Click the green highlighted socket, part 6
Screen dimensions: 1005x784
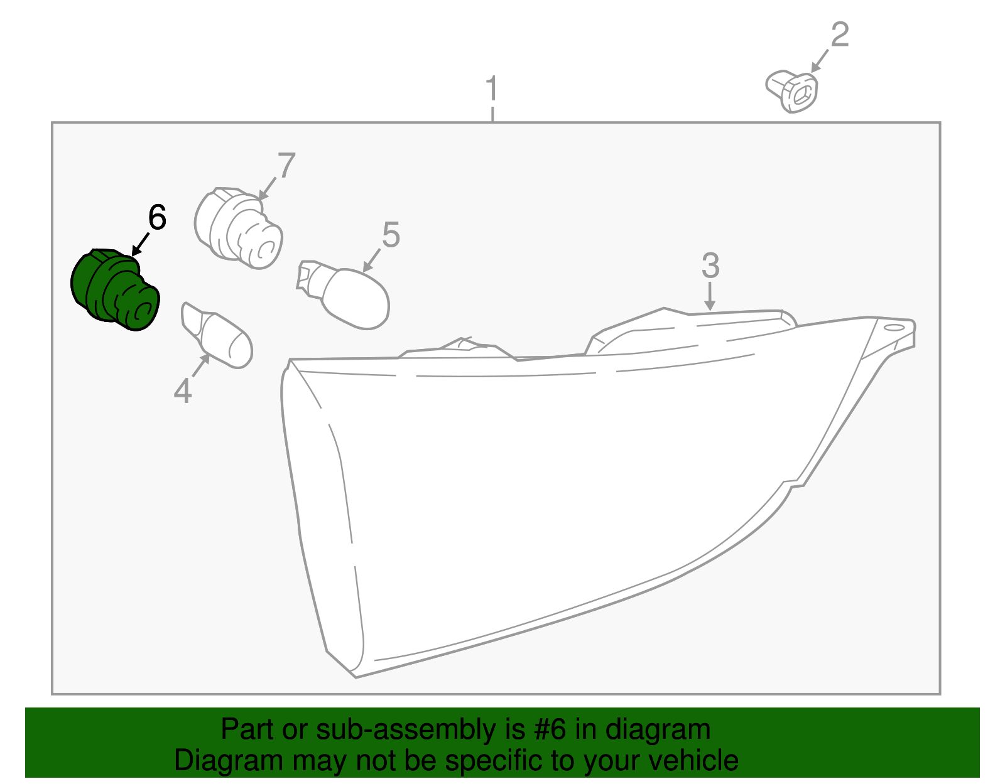pyautogui.click(x=115, y=290)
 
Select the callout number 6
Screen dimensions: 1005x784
pyautogui.click(x=157, y=217)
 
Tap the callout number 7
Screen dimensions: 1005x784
pyautogui.click(x=286, y=165)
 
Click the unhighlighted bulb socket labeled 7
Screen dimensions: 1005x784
pyautogui.click(x=238, y=228)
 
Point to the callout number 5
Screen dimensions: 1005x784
pyautogui.click(x=391, y=235)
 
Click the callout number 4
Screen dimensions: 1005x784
pyautogui.click(x=183, y=390)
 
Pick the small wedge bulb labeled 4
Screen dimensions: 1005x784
pyautogui.click(x=217, y=335)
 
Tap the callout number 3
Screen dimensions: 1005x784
pyautogui.click(x=710, y=265)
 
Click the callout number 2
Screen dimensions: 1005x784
pyautogui.click(x=840, y=35)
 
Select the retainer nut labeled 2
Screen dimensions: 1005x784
pyautogui.click(x=791, y=92)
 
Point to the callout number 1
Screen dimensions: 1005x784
pyautogui.click(x=492, y=89)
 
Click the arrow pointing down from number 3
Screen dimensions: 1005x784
pyautogui.click(x=710, y=296)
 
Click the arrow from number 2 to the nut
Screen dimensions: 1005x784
pyautogui.click(x=820, y=61)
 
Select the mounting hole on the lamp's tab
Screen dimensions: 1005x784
pyautogui.click(x=894, y=328)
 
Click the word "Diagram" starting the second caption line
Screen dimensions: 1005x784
pyautogui.click(x=229, y=761)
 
